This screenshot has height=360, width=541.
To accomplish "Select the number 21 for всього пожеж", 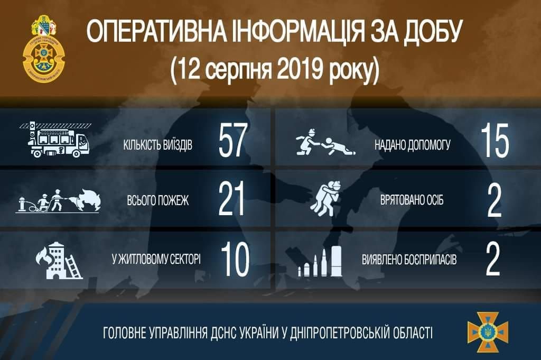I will [x=232, y=202].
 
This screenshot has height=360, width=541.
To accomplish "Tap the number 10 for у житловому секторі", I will [x=234, y=260].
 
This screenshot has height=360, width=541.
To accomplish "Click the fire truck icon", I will [x=55, y=140].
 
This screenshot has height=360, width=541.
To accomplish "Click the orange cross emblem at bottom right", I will [x=487, y=332].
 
